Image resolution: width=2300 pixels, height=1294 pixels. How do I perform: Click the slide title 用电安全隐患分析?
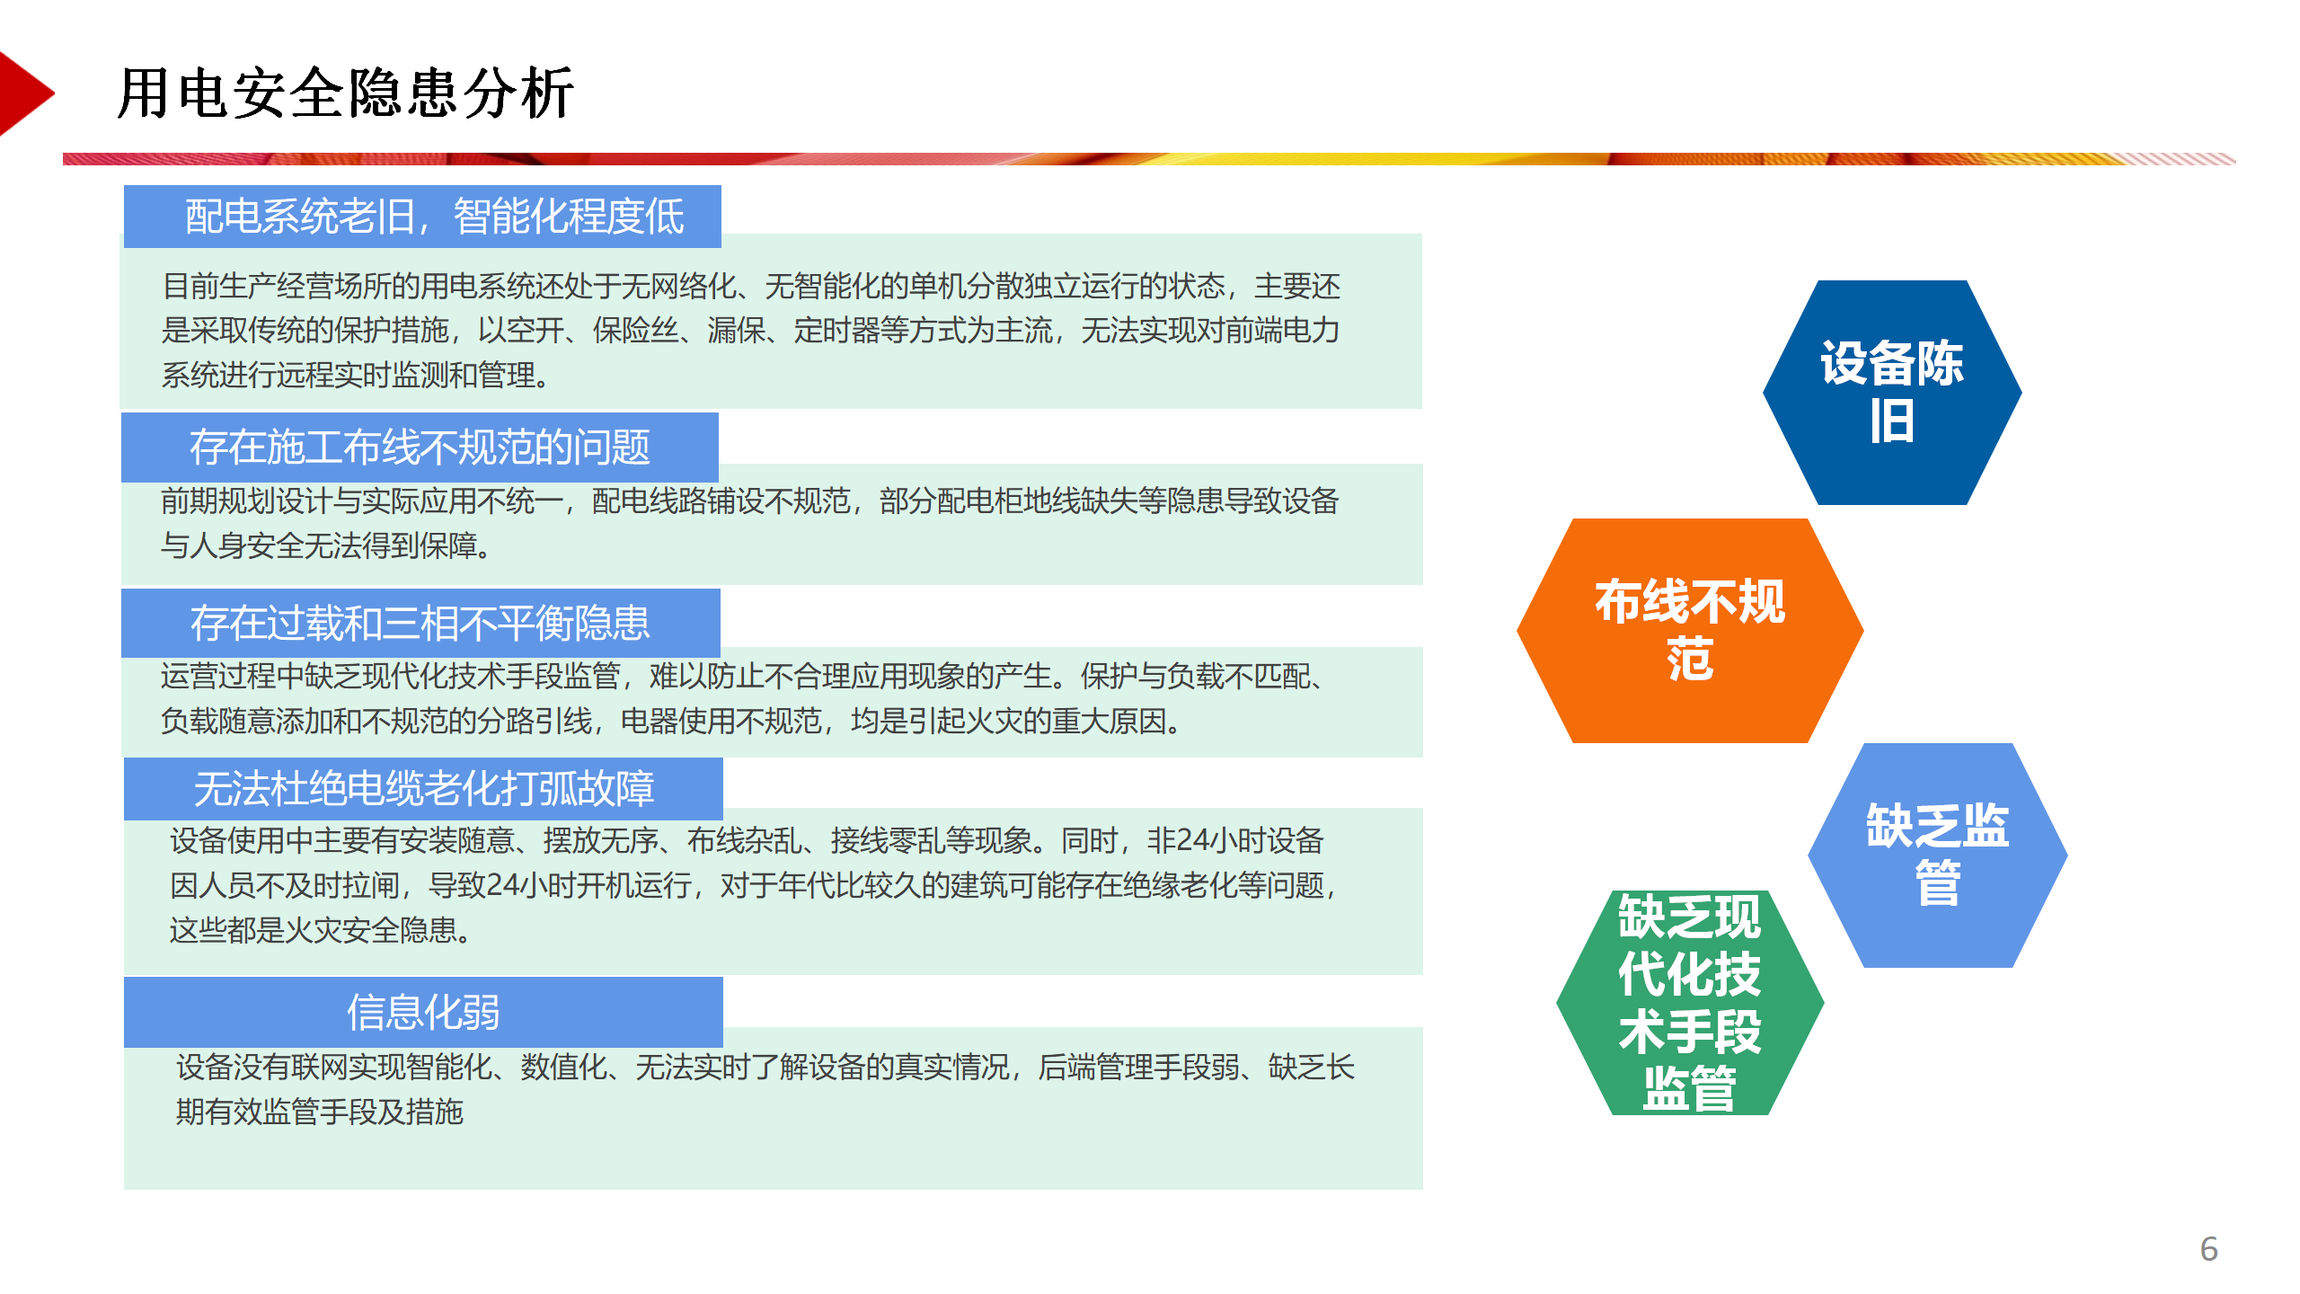[x=346, y=93]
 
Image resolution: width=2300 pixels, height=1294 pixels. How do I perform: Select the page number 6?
[x=2209, y=1248]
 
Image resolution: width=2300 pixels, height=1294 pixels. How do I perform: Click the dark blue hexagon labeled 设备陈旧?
[x=1892, y=393]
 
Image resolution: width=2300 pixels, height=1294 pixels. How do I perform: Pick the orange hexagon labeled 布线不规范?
[x=1690, y=631]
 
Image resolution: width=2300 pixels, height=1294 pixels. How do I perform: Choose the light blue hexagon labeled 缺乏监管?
[x=1938, y=855]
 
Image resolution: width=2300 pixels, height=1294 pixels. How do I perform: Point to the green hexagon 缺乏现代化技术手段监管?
[x=1690, y=1003]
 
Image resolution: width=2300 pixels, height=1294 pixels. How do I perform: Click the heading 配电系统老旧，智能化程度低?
[x=435, y=217]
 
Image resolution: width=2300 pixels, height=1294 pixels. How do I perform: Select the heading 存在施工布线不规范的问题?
[x=420, y=447]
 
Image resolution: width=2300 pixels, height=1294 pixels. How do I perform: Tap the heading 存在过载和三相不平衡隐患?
[x=420, y=623]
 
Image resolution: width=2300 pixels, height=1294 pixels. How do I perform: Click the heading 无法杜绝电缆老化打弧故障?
[x=424, y=789]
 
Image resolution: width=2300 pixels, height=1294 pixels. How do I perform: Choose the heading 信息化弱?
[x=423, y=1012]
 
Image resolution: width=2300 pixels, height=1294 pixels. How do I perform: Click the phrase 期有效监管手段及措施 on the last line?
[x=320, y=1112]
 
